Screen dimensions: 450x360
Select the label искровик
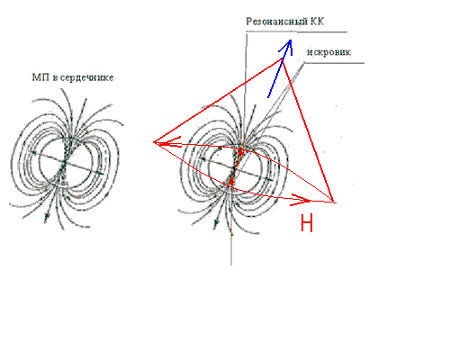click(x=328, y=52)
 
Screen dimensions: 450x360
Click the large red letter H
click(x=307, y=223)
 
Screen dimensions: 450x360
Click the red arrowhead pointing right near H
click(x=301, y=200)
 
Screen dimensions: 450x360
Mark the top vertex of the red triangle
click(x=282, y=58)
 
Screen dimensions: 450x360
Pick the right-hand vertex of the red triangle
click(x=333, y=202)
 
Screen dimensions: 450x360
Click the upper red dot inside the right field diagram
click(x=240, y=153)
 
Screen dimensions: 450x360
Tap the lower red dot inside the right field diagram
click(x=231, y=181)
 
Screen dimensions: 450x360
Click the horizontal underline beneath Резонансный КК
click(x=296, y=31)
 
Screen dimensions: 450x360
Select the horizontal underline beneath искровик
click(x=334, y=63)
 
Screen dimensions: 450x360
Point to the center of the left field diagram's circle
click(x=66, y=163)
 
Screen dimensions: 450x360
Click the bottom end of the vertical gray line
click(x=231, y=265)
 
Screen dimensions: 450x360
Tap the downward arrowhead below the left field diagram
click(x=46, y=219)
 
